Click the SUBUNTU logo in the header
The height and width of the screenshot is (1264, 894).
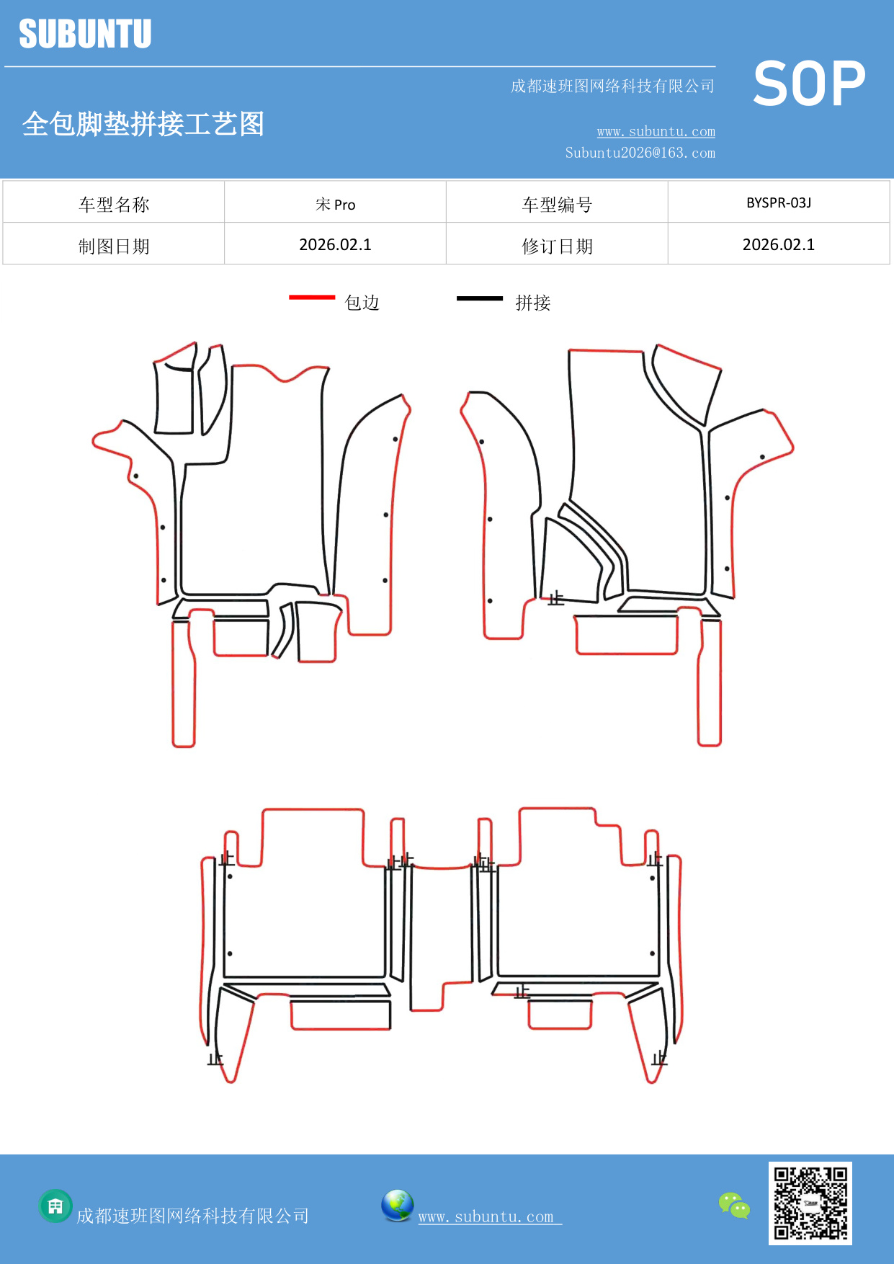click(85, 34)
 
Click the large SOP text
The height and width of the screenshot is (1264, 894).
click(808, 84)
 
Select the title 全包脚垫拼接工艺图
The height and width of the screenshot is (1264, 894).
click(143, 124)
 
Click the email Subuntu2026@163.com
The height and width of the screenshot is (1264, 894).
click(640, 153)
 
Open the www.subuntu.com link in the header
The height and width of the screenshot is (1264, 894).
click(656, 131)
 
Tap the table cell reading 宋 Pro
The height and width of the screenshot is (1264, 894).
click(335, 204)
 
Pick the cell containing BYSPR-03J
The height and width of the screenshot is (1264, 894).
click(778, 202)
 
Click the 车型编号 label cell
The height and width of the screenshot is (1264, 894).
click(557, 205)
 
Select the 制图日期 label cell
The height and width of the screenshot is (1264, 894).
click(114, 246)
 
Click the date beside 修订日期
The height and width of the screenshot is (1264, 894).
click(778, 245)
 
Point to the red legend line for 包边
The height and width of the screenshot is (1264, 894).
click(312, 297)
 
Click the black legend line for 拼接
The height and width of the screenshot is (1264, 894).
click(480, 298)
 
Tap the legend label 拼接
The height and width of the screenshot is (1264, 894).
click(533, 303)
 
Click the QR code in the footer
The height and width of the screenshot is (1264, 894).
click(810, 1203)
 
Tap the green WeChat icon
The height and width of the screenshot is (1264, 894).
click(734, 1206)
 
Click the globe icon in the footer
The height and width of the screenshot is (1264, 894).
click(397, 1206)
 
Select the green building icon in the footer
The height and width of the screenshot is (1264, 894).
click(55, 1206)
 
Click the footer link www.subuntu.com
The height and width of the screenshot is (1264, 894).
click(486, 1216)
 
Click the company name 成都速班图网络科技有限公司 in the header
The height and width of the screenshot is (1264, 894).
click(612, 86)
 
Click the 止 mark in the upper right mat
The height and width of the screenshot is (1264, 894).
click(555, 598)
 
